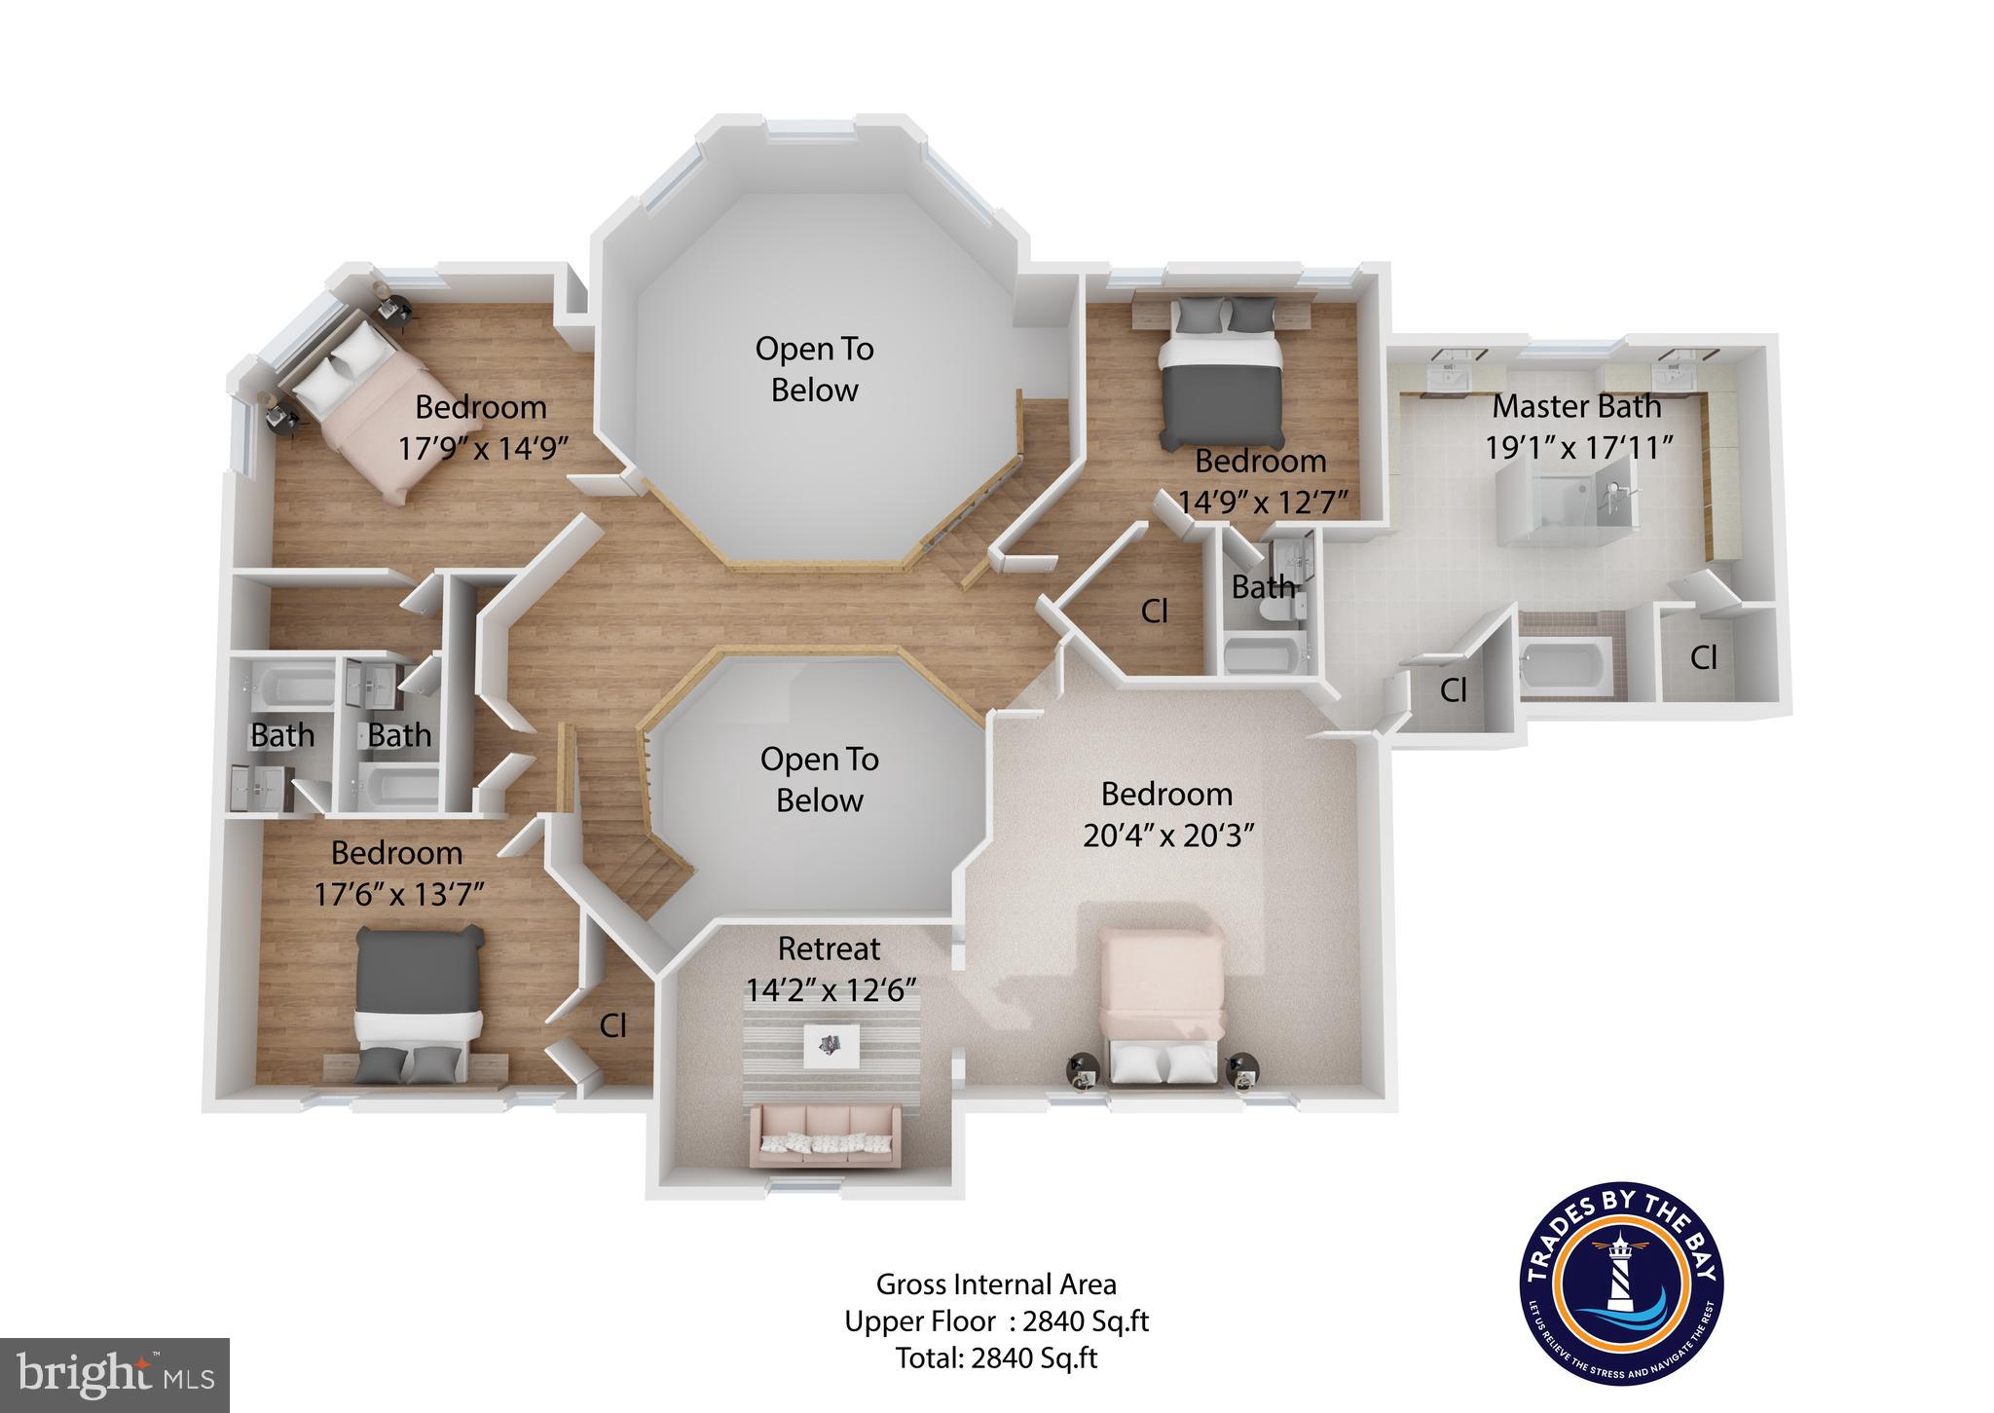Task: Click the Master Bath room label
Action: pos(1576,406)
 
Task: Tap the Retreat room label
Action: pos(829,948)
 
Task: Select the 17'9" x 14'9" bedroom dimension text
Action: pos(483,448)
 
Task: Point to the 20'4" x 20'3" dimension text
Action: pos(1167,836)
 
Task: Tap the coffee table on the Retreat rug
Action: pos(831,1046)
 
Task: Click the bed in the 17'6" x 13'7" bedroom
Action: pos(419,1003)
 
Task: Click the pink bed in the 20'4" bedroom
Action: pos(1162,1003)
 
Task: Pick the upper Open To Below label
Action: pos(815,369)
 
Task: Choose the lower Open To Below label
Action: pos(820,780)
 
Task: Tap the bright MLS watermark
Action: pos(115,1375)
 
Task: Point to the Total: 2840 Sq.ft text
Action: pos(996,1358)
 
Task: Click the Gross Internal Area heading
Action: pos(996,1284)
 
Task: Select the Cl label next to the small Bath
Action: pos(1154,612)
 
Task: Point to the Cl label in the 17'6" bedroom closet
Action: pos(612,1025)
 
